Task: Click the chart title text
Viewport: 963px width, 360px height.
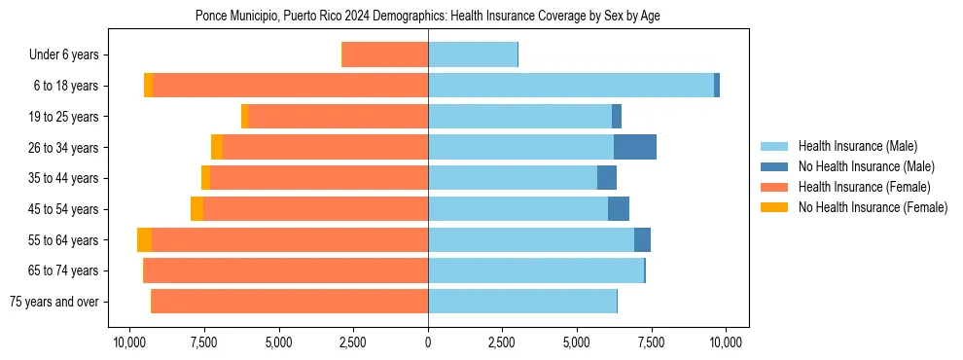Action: pos(428,17)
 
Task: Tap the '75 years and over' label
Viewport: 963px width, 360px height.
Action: pos(53,302)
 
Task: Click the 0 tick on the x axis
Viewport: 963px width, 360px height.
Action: pos(428,342)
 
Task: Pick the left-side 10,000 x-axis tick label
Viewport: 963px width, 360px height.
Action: pos(129,342)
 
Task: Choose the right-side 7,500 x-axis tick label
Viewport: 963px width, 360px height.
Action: pos(652,342)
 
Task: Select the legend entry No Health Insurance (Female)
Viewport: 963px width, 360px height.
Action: pos(873,207)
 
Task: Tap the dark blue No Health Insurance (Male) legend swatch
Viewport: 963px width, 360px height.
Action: pos(775,166)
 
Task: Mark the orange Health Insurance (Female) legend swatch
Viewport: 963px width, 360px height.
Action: pos(775,187)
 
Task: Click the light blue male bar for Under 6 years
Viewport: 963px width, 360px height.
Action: pos(473,55)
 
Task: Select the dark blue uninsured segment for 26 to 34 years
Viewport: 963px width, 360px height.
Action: pos(635,148)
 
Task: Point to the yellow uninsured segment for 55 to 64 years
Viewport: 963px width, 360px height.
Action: pos(144,240)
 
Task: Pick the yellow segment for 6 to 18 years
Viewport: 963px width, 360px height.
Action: pos(148,86)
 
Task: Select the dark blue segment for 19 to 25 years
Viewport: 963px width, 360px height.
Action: pos(617,117)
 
